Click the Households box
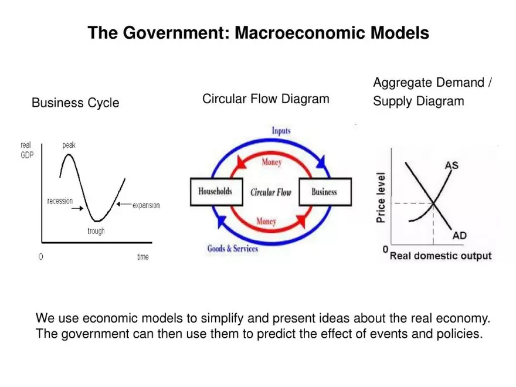click(x=215, y=192)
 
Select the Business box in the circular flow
click(x=324, y=192)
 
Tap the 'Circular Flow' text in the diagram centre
click(x=270, y=192)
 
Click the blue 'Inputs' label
click(x=281, y=131)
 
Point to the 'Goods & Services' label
click(x=233, y=249)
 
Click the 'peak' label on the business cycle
click(x=69, y=145)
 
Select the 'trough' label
click(x=96, y=231)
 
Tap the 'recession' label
click(x=60, y=201)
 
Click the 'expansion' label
click(x=146, y=205)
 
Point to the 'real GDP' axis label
click(x=27, y=150)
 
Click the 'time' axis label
click(x=142, y=257)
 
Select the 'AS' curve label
click(x=451, y=165)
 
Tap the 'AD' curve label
click(x=460, y=236)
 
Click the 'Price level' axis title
click(x=381, y=198)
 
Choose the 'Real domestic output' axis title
click(x=441, y=256)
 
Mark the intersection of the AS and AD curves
click(x=434, y=203)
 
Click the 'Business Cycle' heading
click(x=75, y=103)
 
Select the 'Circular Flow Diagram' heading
click(x=266, y=99)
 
